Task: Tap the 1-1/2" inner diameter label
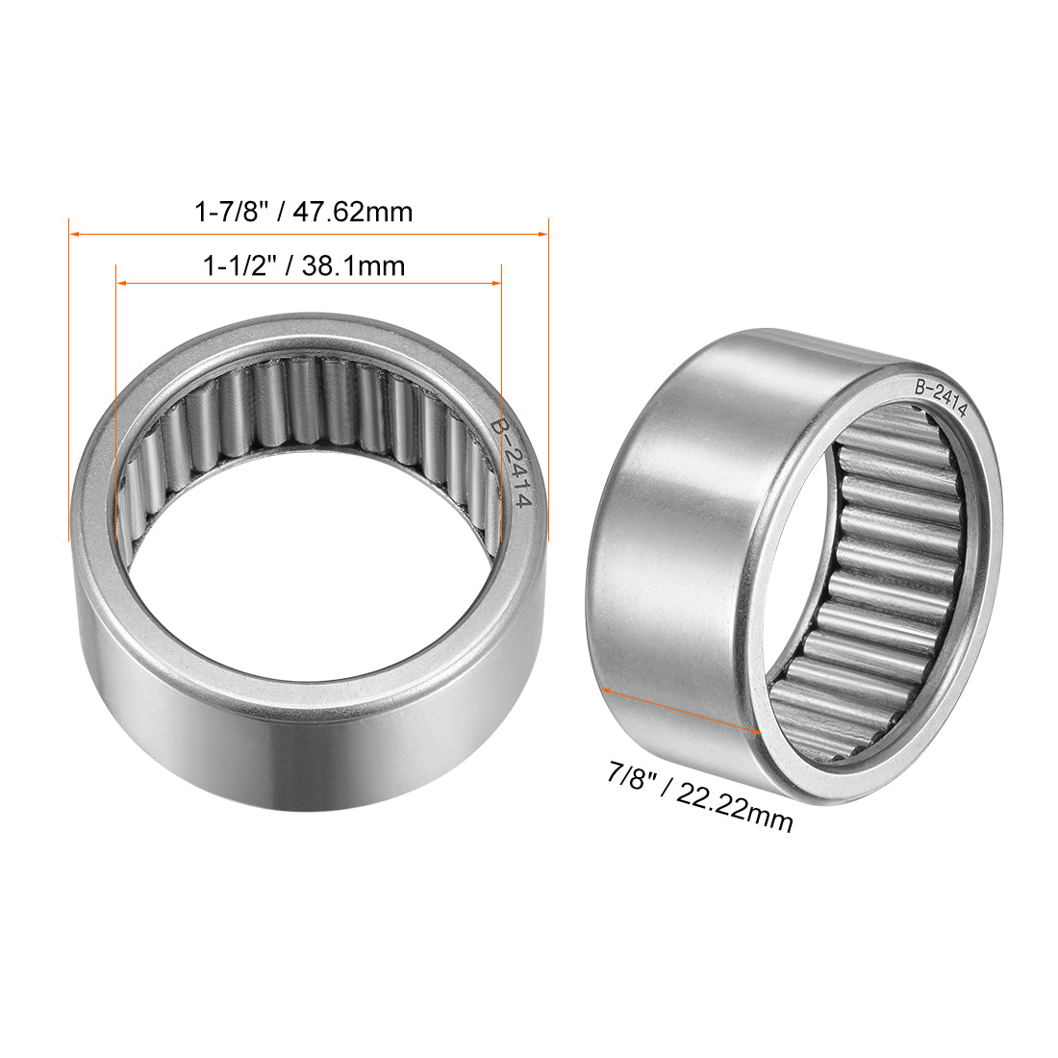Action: pos(239,265)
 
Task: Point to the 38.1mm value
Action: pos(353,265)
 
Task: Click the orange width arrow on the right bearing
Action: pos(680,710)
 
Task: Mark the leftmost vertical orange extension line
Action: pos(69,385)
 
